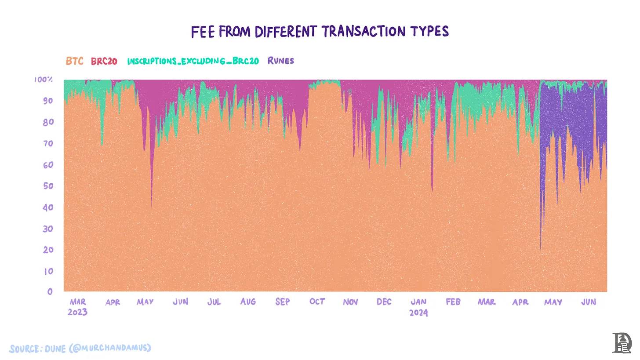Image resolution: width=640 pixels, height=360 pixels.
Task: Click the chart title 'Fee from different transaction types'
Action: (x=320, y=32)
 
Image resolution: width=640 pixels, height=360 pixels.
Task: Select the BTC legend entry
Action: (x=74, y=61)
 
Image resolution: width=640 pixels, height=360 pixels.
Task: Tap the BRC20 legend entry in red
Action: (x=104, y=61)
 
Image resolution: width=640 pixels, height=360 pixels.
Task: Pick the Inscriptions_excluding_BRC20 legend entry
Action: (x=193, y=61)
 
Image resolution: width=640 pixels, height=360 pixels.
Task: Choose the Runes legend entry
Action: (x=280, y=61)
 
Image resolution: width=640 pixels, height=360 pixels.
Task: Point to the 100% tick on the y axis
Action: (x=44, y=80)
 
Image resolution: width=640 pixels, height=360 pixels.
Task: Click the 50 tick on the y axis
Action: (x=47, y=186)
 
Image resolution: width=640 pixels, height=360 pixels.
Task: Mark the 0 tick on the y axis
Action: (x=50, y=291)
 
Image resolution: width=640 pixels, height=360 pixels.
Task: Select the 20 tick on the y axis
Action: (x=47, y=250)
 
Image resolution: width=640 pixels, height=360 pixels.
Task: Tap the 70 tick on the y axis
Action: (x=47, y=143)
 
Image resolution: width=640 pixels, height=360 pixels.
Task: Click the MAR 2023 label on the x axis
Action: (x=78, y=307)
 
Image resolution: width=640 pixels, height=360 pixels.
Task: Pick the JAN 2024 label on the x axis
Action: (x=418, y=307)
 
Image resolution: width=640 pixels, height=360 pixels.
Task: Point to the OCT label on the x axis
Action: (x=317, y=302)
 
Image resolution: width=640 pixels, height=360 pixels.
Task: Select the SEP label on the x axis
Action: (x=283, y=302)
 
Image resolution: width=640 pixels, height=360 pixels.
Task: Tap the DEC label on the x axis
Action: (x=384, y=302)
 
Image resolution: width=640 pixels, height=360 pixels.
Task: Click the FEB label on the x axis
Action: (x=453, y=302)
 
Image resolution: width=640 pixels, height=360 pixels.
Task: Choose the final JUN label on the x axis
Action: (x=589, y=302)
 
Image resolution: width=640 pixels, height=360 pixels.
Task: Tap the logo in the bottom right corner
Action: (x=622, y=343)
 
